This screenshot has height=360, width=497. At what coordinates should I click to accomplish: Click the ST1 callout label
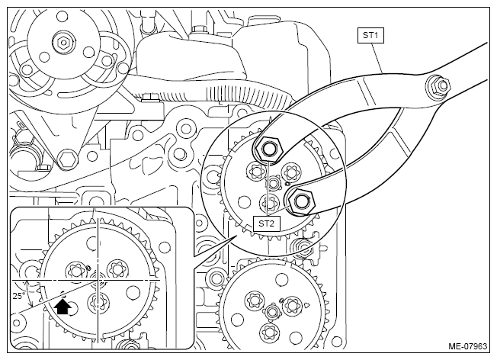(x=370, y=35)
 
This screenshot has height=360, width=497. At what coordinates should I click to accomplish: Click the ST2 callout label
(x=266, y=223)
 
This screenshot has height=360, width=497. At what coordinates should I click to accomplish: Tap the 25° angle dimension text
(x=18, y=296)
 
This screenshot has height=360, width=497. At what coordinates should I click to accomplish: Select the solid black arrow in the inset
(x=63, y=307)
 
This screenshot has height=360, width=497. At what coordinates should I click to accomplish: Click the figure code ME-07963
(x=467, y=346)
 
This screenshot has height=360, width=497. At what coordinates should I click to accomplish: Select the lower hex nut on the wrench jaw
(x=300, y=201)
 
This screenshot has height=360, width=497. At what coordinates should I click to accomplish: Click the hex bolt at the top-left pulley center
(x=63, y=41)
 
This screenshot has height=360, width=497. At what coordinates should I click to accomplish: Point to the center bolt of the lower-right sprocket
(x=272, y=312)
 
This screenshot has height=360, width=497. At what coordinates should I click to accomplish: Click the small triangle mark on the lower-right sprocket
(x=306, y=305)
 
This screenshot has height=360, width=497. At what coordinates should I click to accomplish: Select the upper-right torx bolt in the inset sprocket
(x=116, y=269)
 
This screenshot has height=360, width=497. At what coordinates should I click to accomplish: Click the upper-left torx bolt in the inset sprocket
(x=76, y=271)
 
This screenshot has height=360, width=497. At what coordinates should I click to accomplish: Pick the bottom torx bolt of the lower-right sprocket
(x=269, y=333)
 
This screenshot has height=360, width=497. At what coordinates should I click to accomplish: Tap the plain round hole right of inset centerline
(x=133, y=293)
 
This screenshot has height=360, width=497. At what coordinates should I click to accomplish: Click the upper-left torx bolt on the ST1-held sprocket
(x=255, y=172)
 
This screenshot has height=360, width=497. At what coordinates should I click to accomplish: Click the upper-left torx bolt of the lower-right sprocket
(x=255, y=300)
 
